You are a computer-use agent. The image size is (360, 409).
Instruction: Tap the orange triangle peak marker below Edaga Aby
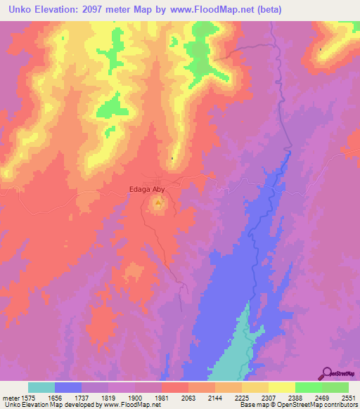pos(158,205)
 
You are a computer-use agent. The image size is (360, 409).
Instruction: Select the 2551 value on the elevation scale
pos(348,397)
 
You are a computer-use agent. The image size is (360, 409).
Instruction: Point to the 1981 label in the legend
pos(162,397)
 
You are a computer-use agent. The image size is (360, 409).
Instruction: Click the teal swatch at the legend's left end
pos(41,387)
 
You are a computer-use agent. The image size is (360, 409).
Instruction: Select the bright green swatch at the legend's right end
pos(335,387)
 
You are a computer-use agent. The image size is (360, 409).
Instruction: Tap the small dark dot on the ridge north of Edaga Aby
pos(172,158)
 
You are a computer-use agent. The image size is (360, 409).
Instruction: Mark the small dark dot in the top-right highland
pos(321,49)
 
